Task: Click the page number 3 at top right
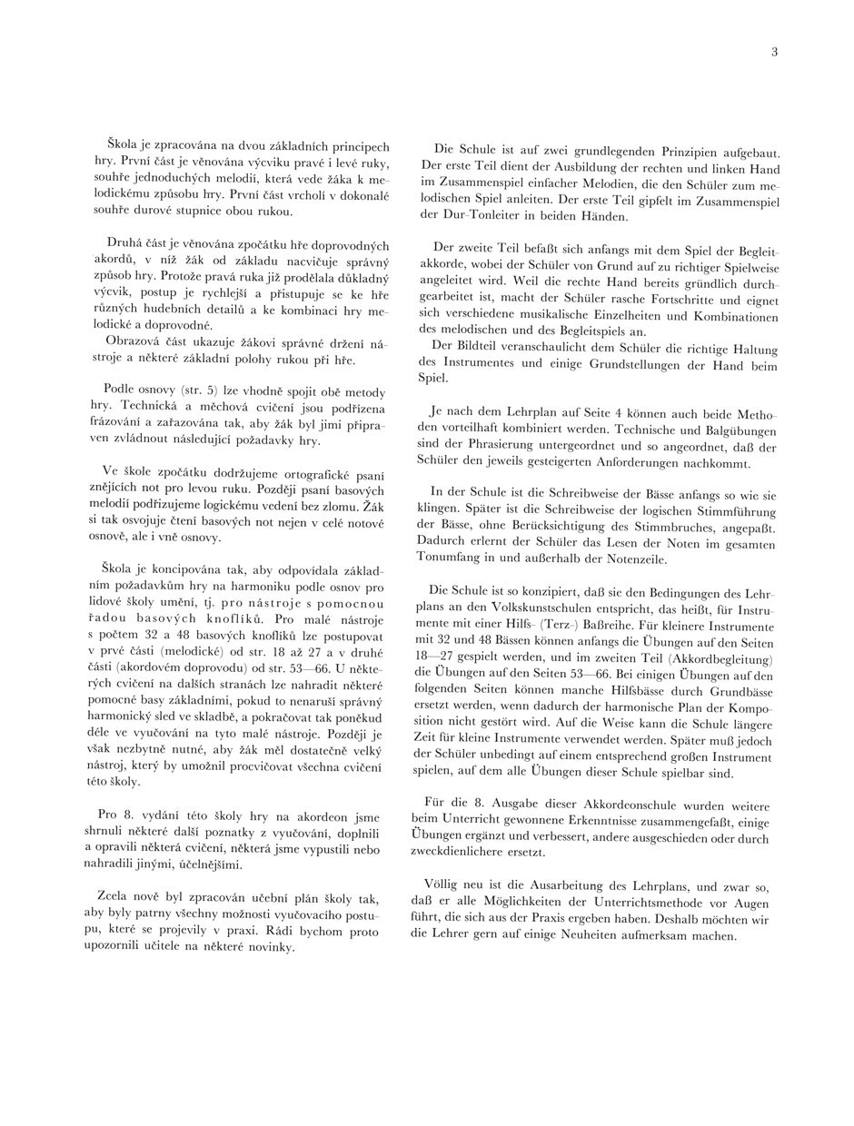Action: point(774,52)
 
